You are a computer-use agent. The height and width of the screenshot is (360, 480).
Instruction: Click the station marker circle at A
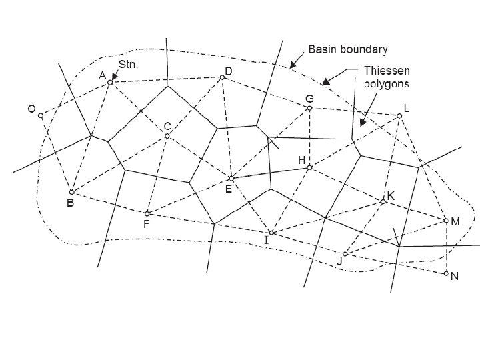coord(110,83)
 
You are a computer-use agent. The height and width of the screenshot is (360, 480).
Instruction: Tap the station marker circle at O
coord(41,115)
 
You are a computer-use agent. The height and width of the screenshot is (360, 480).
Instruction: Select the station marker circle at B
coord(71,192)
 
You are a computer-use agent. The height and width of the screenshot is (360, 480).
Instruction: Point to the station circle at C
coord(167,136)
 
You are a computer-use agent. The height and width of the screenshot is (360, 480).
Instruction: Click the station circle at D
coord(223,77)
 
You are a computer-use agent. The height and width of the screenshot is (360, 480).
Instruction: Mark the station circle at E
coord(231,178)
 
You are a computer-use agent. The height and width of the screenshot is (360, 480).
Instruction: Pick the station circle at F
coord(147,213)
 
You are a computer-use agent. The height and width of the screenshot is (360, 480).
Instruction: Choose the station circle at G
coord(310,108)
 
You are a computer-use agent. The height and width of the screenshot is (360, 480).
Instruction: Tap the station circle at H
coord(309,167)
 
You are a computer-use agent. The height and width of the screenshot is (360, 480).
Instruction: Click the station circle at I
coord(271,232)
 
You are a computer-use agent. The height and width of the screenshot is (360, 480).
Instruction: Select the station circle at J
coord(345,254)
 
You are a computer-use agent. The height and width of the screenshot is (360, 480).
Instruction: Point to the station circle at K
coord(383,201)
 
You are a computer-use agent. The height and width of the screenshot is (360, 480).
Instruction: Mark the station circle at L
coord(399,116)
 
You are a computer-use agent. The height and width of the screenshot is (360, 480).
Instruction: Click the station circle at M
coord(446,220)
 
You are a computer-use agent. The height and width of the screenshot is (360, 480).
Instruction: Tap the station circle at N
coord(446,273)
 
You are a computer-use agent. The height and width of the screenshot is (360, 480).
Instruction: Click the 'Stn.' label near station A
coord(127,65)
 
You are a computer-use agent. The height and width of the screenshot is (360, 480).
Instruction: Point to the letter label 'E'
coord(228,189)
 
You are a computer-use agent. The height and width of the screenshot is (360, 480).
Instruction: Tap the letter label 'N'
coord(455,277)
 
